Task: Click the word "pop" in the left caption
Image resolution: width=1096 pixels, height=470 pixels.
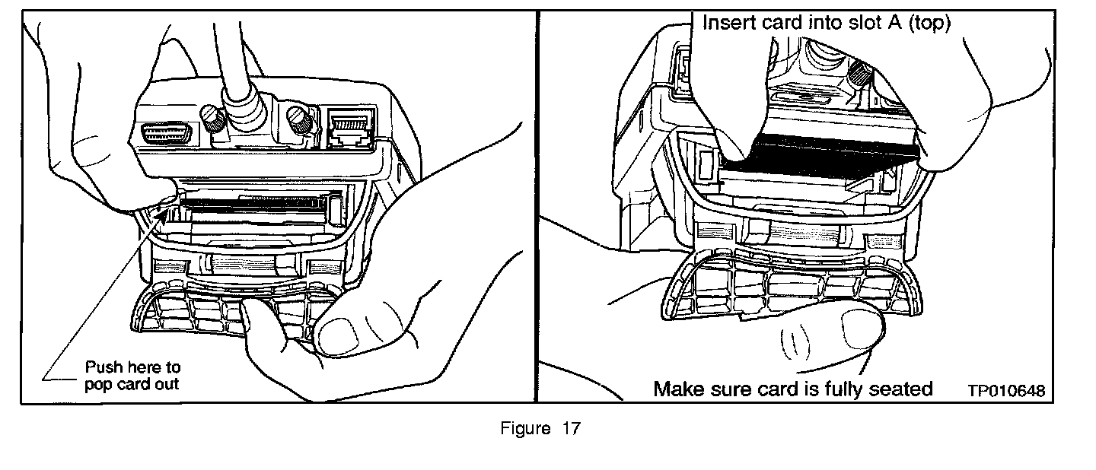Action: coord(95,383)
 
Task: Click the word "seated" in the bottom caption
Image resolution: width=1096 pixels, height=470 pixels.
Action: coord(899,389)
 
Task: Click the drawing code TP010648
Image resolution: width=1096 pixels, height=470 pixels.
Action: coord(1005,390)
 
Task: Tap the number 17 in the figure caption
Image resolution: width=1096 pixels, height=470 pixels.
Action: coord(571,429)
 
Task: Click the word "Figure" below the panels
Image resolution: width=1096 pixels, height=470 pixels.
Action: coord(525,429)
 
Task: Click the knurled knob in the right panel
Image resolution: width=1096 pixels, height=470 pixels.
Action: coord(862,75)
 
